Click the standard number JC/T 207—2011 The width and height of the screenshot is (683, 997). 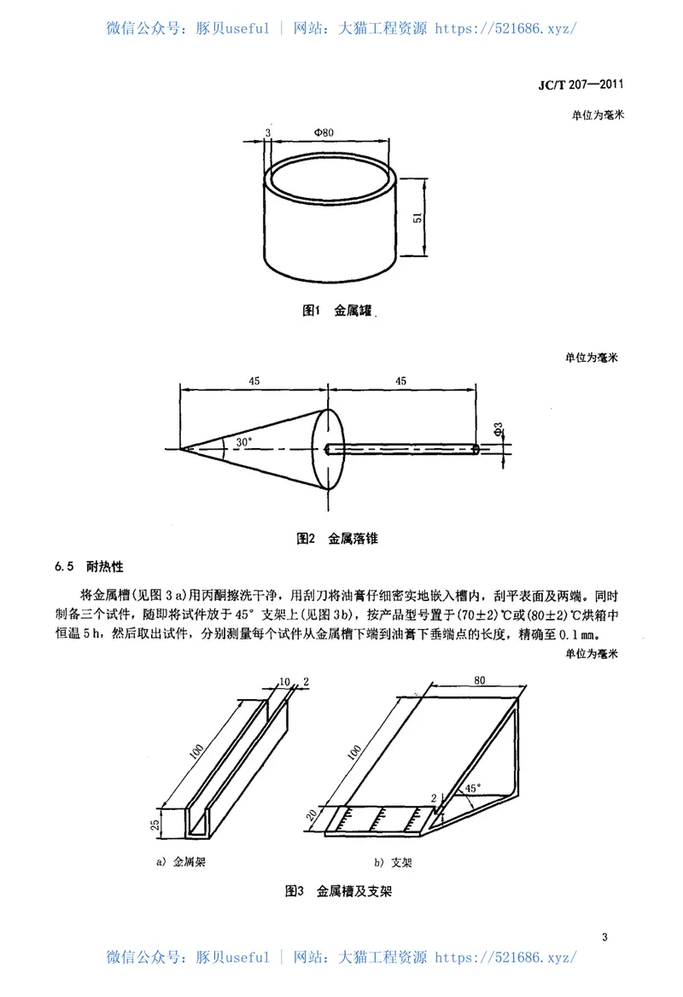click(581, 85)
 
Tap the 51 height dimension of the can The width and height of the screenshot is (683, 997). click(418, 218)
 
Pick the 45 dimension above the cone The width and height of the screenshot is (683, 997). click(254, 382)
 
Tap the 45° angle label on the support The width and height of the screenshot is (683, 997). click(471, 788)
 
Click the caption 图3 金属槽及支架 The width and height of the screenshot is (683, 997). click(337, 891)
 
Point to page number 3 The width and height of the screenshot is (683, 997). click(604, 938)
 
